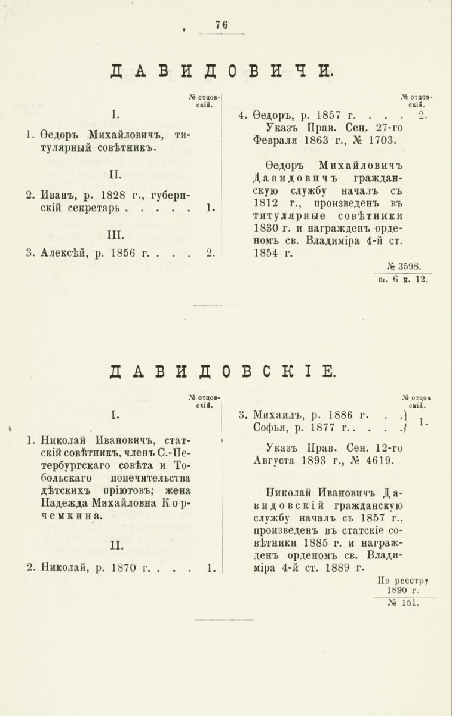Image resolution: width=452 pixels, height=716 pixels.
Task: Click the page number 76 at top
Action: (222, 25)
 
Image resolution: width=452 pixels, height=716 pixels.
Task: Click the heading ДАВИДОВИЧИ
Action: (222, 72)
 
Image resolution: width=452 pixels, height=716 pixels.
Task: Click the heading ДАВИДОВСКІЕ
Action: (222, 371)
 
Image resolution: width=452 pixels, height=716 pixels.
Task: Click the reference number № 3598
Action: (405, 266)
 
